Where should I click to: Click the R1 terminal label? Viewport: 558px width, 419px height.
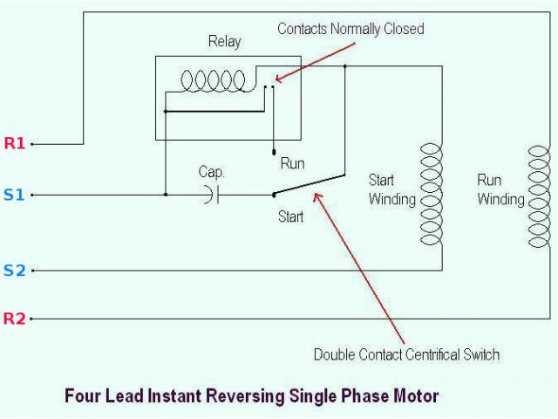coord(15,143)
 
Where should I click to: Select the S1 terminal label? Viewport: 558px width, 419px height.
coord(14,195)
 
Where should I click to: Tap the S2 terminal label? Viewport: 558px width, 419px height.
coord(14,271)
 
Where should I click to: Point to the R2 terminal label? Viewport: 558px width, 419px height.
coord(15,319)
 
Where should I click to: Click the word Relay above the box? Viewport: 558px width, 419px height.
coord(224,41)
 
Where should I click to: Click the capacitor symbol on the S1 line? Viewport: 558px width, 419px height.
coord(210,195)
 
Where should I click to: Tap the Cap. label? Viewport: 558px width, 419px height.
coord(212,172)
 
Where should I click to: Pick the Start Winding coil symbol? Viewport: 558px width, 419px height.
coord(432,195)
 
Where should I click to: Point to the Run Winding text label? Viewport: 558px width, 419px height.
coord(500,189)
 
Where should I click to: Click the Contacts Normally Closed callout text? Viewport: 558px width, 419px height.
coord(350,29)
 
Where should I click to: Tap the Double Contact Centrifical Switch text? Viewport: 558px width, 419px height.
coord(406,354)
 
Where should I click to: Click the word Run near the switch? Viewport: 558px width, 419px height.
coord(292,163)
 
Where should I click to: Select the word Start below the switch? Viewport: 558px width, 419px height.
coord(290,216)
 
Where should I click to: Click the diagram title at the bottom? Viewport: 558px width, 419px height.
coord(252,395)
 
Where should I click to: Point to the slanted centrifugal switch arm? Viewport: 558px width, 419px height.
coord(309,184)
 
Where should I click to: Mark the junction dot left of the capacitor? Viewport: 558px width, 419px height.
coord(165,195)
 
